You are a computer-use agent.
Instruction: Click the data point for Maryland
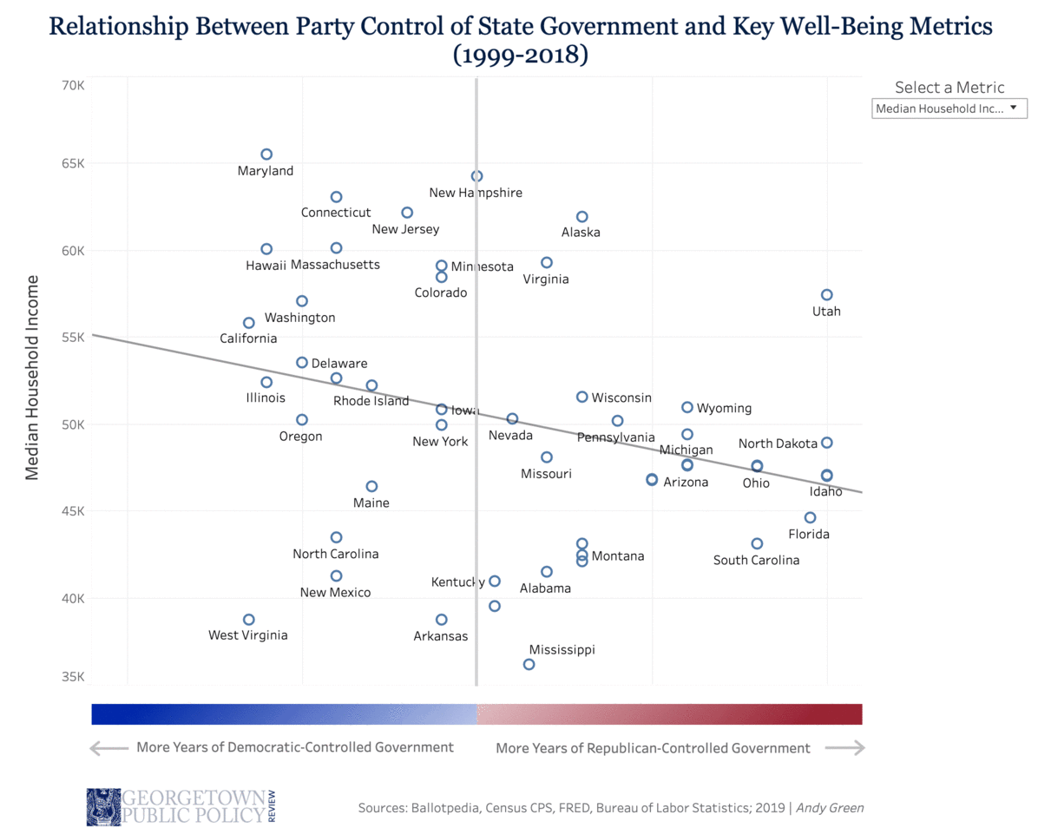(x=266, y=154)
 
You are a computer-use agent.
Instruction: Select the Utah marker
(x=826, y=295)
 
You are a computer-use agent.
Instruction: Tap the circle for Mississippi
(x=529, y=664)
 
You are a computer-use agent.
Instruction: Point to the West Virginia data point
(x=249, y=620)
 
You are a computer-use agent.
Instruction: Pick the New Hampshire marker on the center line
(x=476, y=176)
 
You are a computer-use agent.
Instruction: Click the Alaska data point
(x=581, y=216)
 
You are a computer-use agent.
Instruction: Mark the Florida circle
(x=810, y=517)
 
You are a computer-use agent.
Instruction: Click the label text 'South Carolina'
(x=756, y=560)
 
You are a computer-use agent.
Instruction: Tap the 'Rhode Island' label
(x=371, y=401)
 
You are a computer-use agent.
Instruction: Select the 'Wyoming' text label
(x=724, y=408)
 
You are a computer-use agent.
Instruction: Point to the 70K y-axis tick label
(x=73, y=86)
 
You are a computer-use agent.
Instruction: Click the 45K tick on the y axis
(x=73, y=511)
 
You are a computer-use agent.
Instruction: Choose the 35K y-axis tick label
(x=73, y=677)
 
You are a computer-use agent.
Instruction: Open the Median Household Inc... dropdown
(x=949, y=108)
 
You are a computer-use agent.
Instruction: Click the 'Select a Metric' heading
(x=949, y=87)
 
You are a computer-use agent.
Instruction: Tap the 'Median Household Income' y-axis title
(x=33, y=378)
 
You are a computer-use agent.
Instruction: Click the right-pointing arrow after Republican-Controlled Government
(x=844, y=748)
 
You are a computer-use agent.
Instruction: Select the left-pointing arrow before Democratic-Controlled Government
(x=108, y=747)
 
